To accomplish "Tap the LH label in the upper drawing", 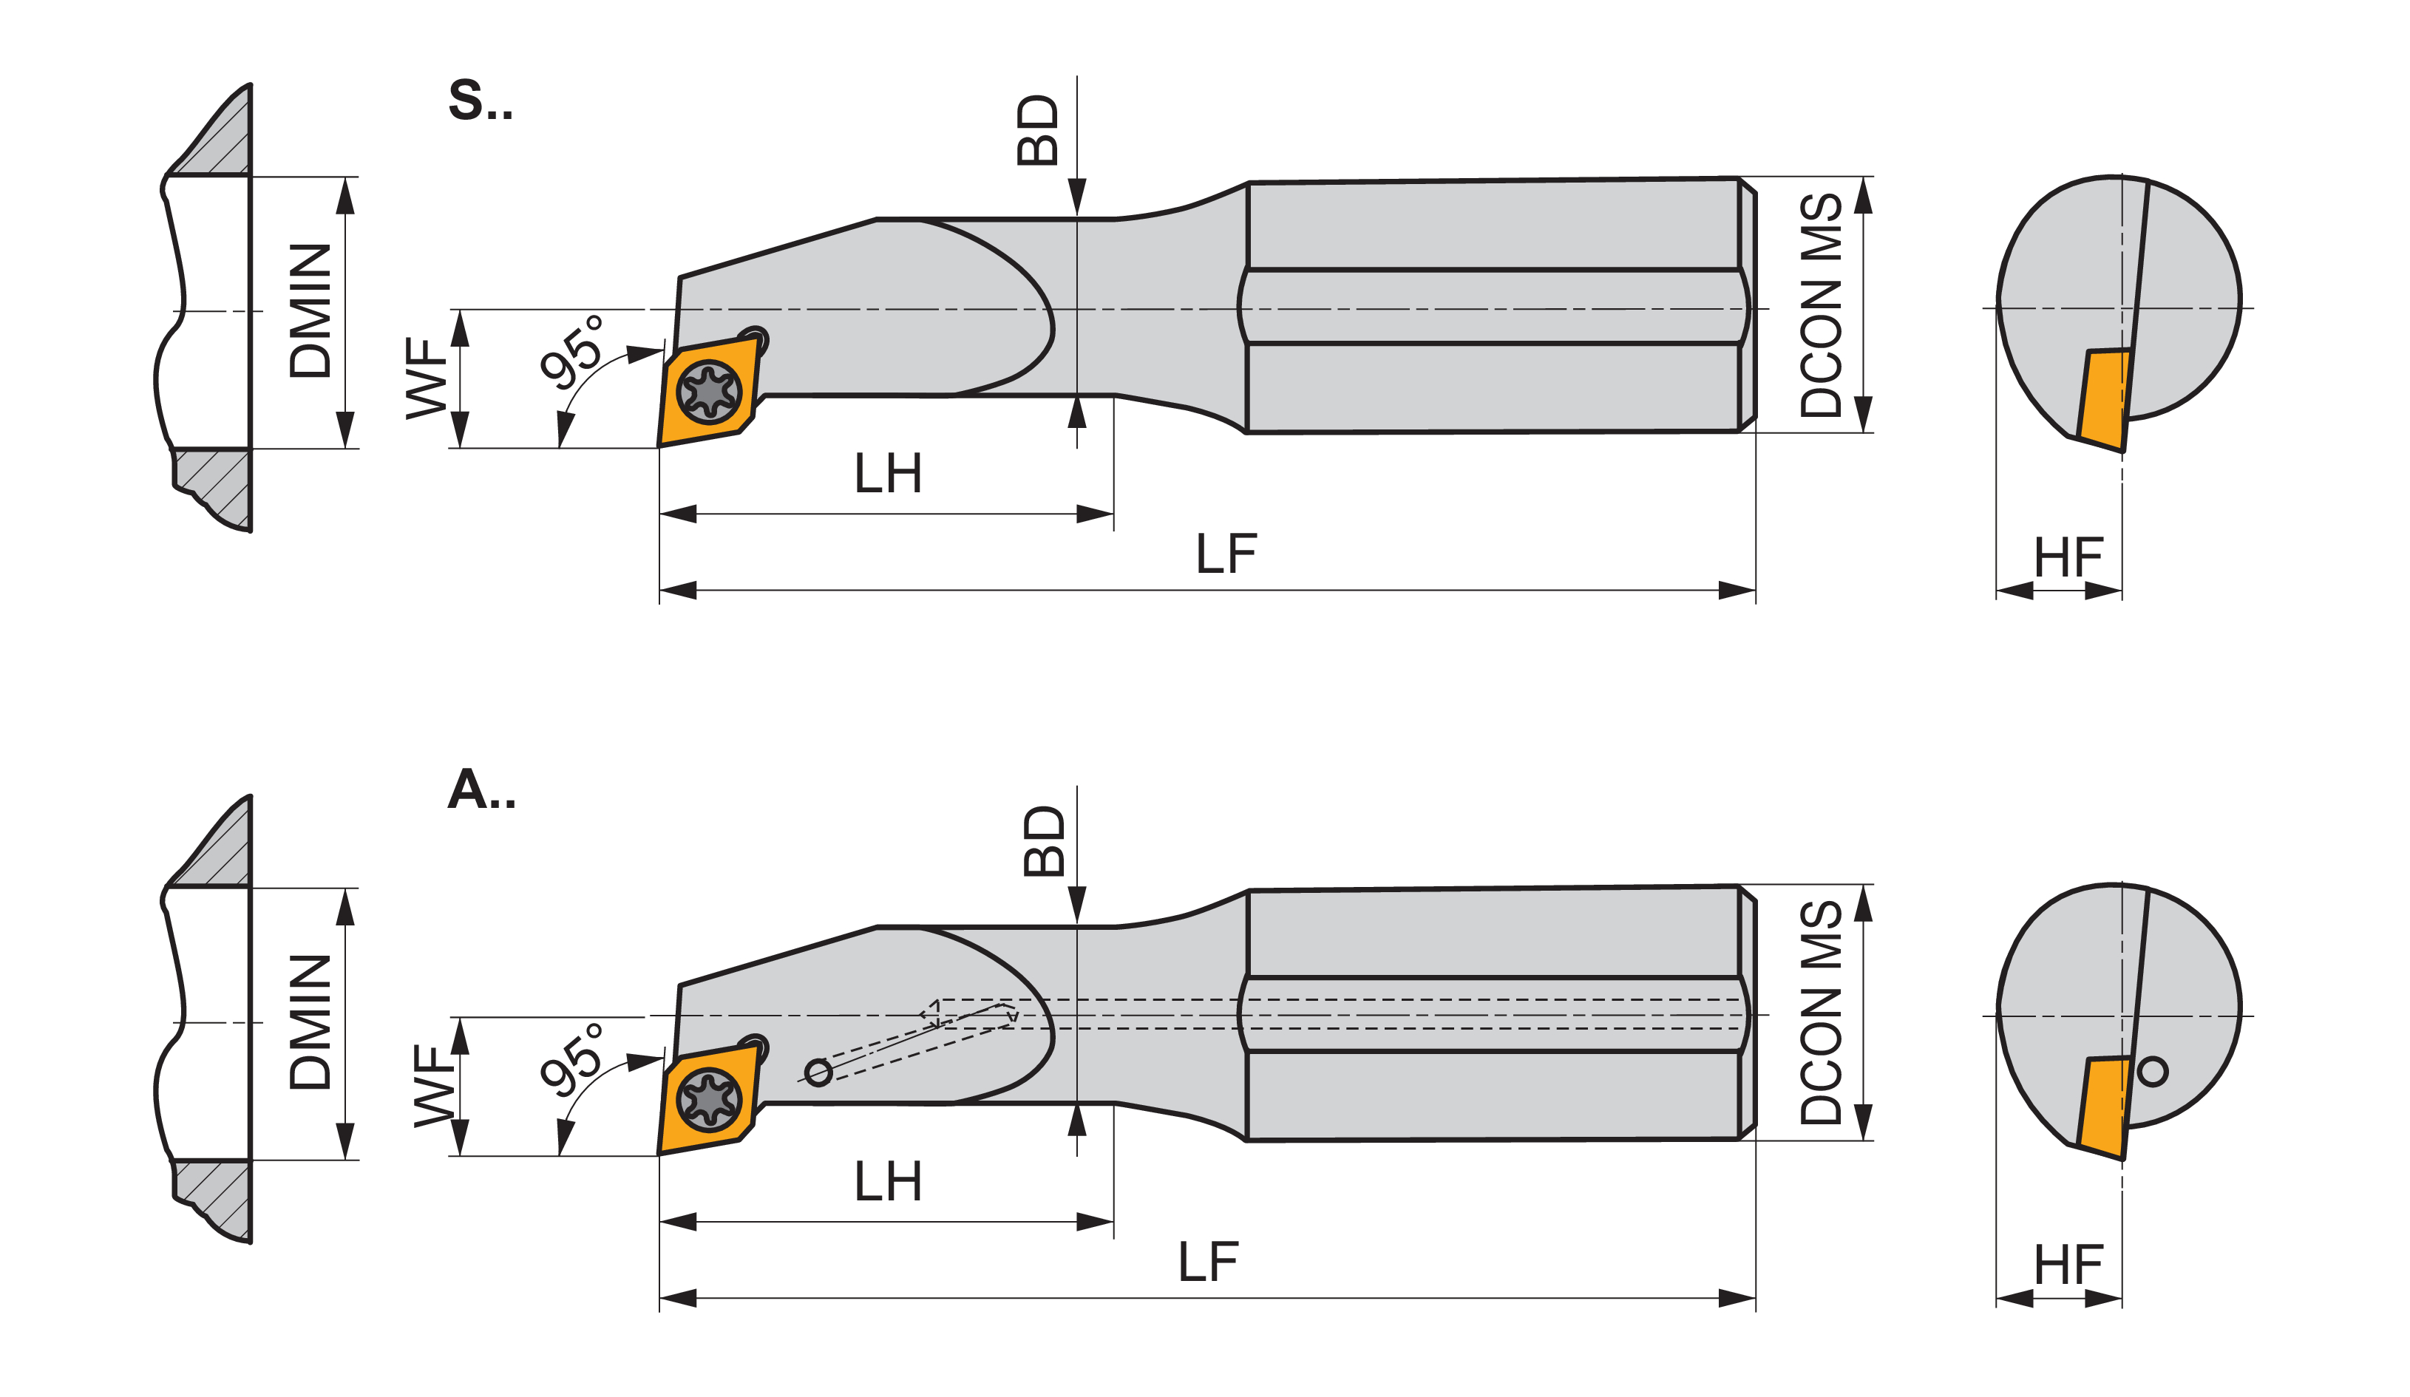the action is [888, 473].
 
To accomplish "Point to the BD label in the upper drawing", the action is [1038, 130].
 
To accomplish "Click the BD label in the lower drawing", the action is [1043, 840].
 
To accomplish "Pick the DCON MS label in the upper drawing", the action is [1821, 305].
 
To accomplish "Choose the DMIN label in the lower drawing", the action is [310, 1022].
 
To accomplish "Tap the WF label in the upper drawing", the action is [427, 378].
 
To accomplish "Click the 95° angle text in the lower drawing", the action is [573, 1058].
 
